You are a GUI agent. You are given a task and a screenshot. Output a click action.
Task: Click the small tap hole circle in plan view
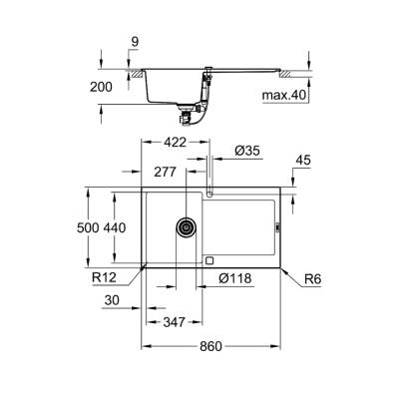click(x=210, y=191)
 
